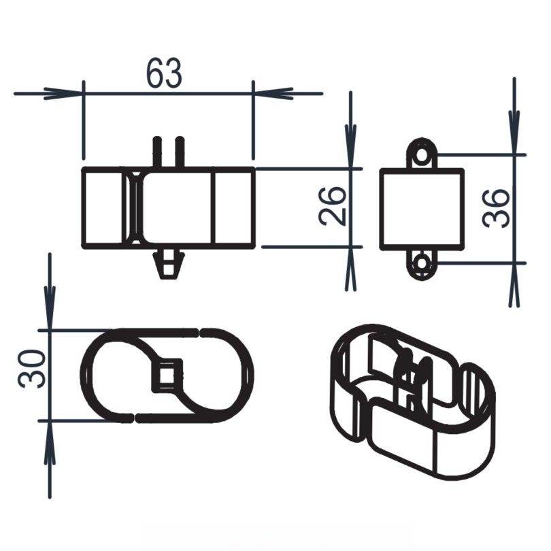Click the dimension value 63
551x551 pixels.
pyautogui.click(x=164, y=73)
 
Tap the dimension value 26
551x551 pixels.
pyautogui.click(x=333, y=206)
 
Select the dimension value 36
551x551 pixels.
pyautogui.click(x=496, y=208)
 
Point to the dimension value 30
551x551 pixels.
pyautogui.click(x=32, y=369)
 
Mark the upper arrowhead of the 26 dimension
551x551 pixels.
pyautogui.click(x=351, y=152)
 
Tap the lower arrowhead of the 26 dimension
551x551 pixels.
pyautogui.click(x=351, y=263)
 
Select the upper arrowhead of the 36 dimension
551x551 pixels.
pyautogui.click(x=514, y=139)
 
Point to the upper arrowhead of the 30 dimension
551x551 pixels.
pyautogui.click(x=50, y=314)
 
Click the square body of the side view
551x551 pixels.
pyautogui.click(x=422, y=208)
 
